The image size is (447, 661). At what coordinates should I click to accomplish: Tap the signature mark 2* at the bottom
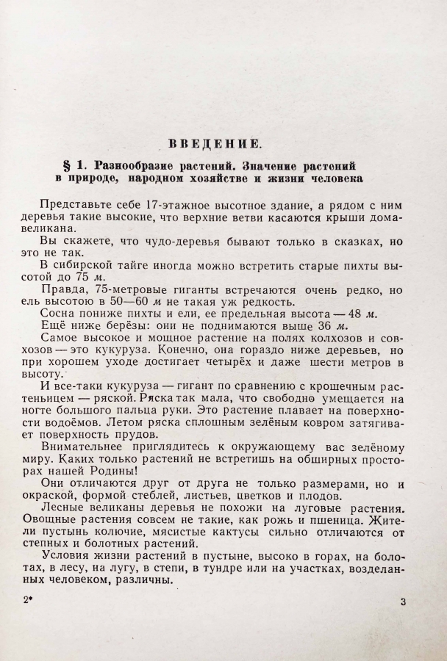(29, 602)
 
